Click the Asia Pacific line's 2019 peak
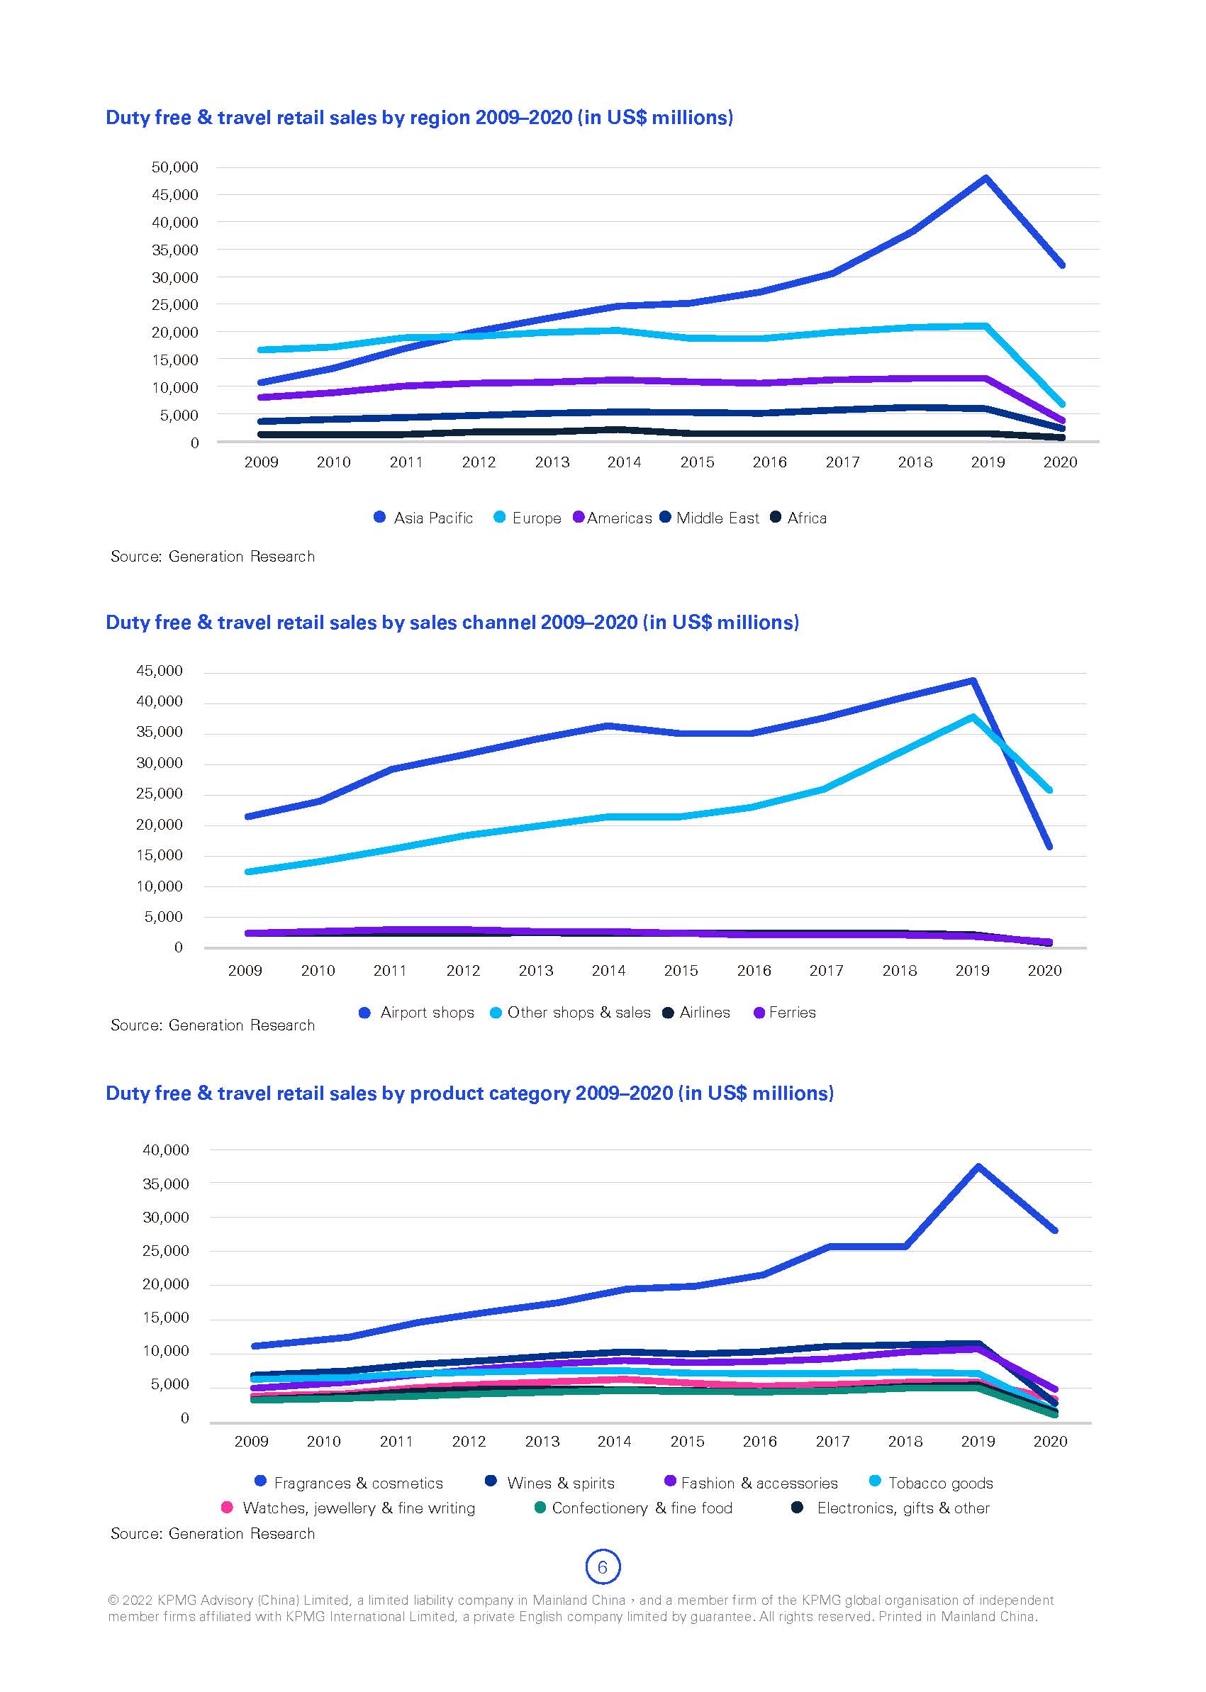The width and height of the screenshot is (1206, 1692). click(986, 178)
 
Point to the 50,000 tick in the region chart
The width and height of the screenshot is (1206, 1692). click(174, 167)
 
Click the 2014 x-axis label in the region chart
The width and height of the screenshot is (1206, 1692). click(624, 462)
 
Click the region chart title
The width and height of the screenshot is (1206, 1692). click(419, 117)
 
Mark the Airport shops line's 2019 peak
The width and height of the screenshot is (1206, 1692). click(973, 679)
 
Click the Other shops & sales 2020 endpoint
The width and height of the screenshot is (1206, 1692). click(1049, 790)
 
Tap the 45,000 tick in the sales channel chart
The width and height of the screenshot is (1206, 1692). click(159, 671)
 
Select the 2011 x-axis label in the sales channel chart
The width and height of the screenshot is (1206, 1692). click(390, 971)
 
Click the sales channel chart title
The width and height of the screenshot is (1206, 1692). click(452, 623)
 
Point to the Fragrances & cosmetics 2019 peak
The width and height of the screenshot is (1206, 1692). click(978, 1166)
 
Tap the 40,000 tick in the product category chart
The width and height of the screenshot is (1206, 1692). click(166, 1150)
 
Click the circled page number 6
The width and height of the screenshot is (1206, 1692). click(602, 1567)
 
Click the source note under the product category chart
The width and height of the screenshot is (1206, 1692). click(213, 1534)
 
